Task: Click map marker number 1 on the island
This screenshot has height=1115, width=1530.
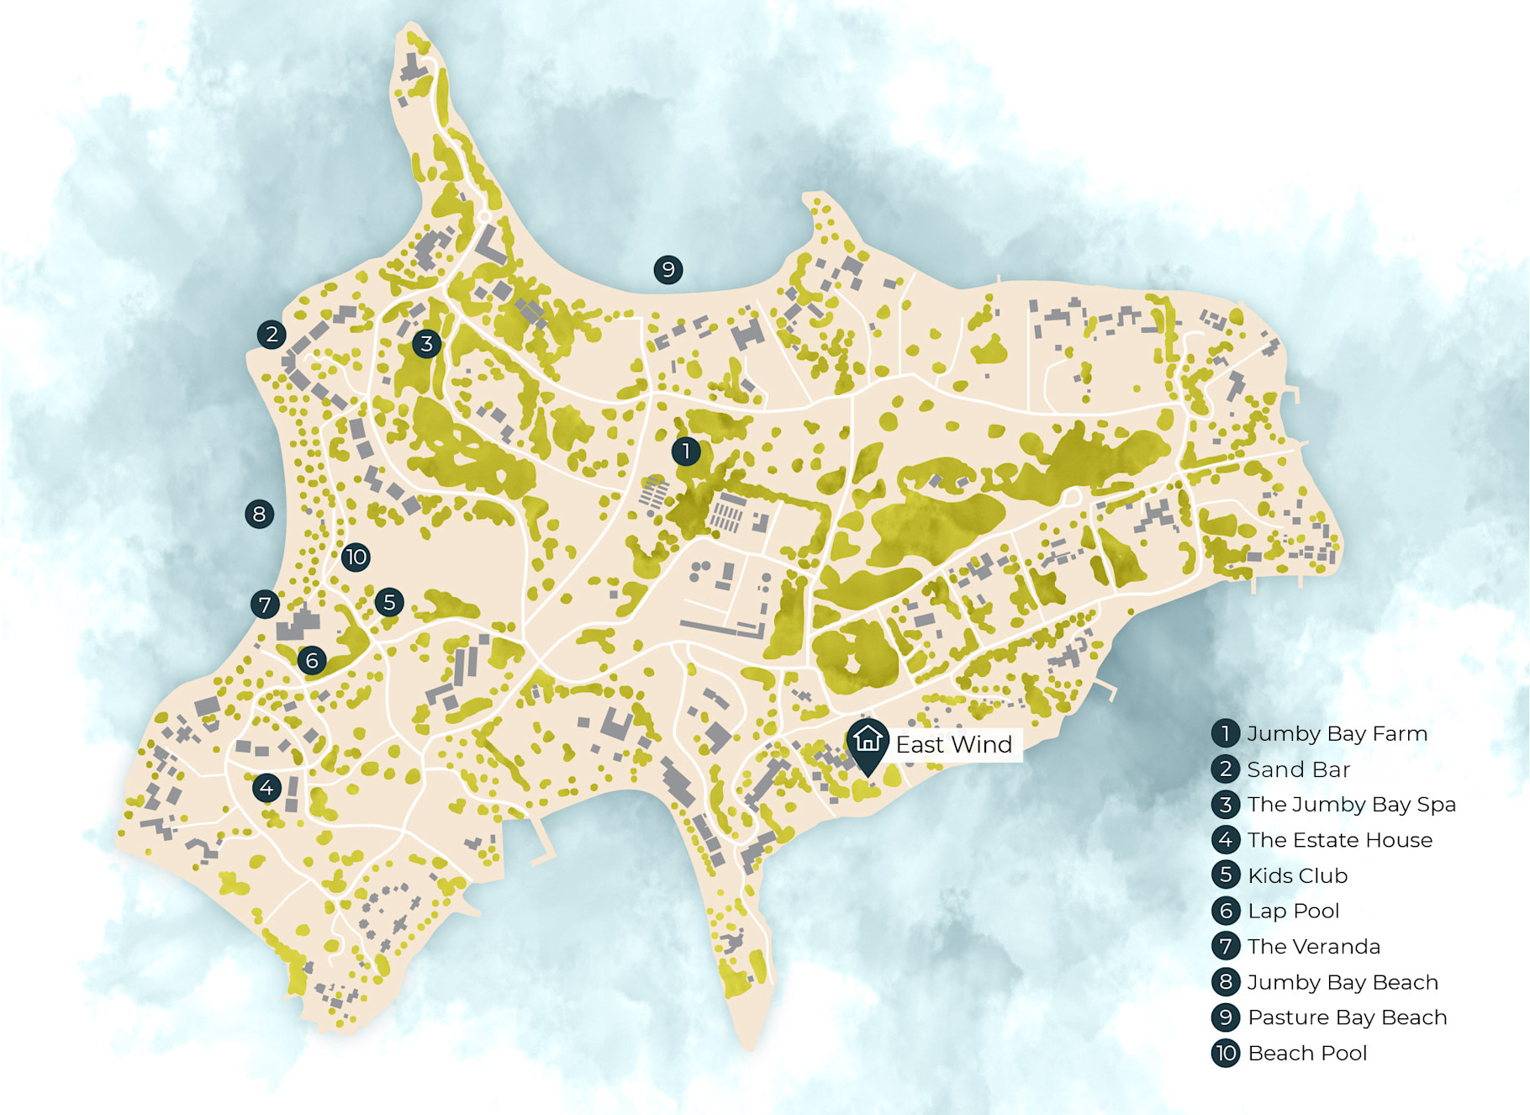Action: click(x=686, y=452)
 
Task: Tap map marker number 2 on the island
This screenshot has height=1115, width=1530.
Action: click(x=272, y=335)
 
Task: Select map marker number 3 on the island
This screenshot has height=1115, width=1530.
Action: click(x=427, y=343)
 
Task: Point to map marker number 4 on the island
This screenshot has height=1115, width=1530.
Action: click(x=266, y=788)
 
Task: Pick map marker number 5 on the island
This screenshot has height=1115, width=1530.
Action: click(x=389, y=602)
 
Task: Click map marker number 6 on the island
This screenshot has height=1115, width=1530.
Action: click(x=312, y=660)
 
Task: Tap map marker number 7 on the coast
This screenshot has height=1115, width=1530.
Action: click(x=265, y=604)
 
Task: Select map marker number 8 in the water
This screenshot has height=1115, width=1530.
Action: click(x=259, y=514)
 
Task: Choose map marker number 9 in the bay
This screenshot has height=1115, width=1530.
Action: click(x=668, y=270)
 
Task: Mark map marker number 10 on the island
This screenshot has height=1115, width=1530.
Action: click(x=356, y=557)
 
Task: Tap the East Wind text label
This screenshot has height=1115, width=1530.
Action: click(x=954, y=745)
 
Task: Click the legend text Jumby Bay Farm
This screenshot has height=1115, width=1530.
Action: click(x=1337, y=734)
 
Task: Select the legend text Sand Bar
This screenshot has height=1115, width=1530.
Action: click(x=1298, y=769)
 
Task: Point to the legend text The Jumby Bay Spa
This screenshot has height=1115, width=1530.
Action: click(x=1351, y=805)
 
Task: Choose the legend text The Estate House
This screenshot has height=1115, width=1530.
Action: click(x=1340, y=840)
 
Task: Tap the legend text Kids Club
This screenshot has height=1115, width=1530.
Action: click(x=1297, y=875)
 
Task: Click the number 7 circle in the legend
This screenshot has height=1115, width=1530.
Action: click(x=1226, y=946)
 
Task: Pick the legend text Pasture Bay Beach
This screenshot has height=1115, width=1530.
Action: click(x=1347, y=1017)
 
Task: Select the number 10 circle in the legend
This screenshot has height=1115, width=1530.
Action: click(x=1226, y=1053)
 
